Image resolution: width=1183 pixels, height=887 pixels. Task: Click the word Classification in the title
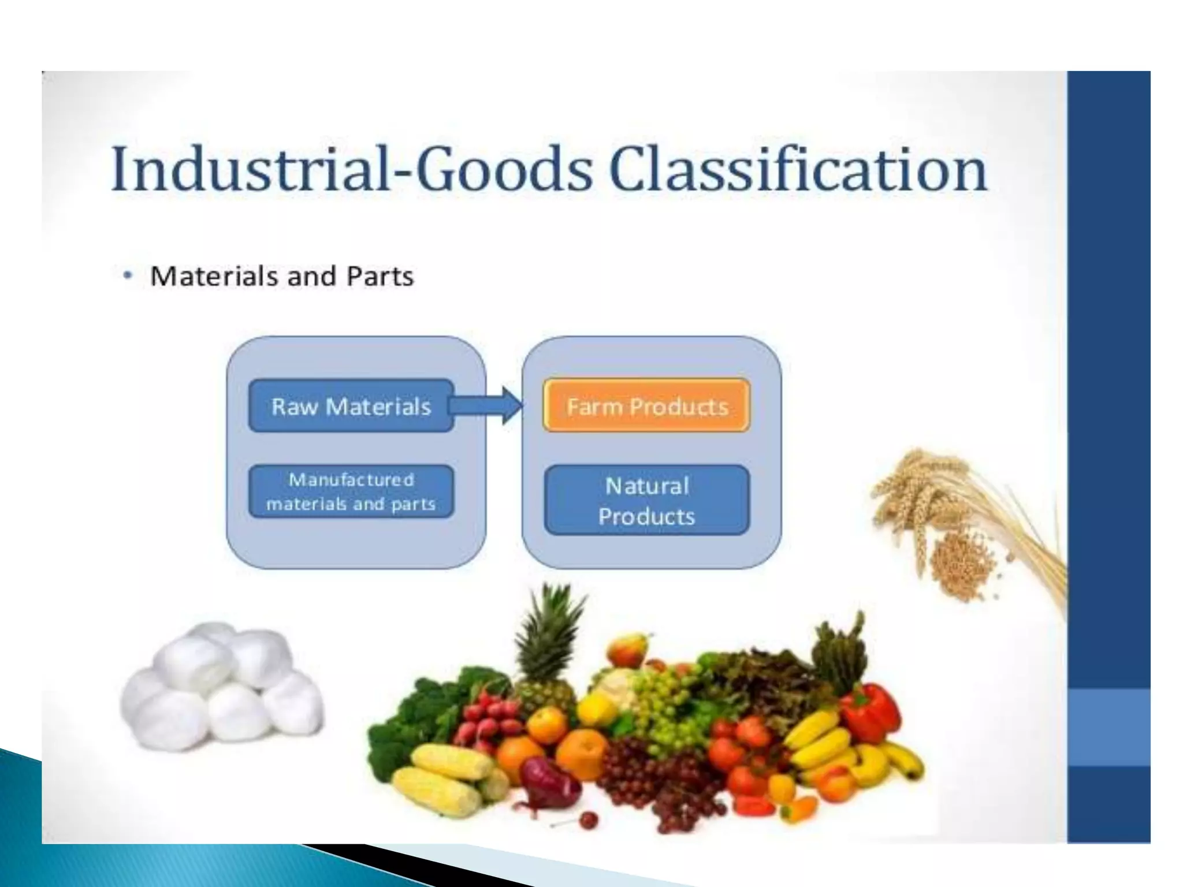click(798, 170)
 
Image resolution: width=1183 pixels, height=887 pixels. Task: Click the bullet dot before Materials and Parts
click(128, 276)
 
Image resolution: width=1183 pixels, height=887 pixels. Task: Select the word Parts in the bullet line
click(380, 276)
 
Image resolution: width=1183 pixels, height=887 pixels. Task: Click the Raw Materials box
click(351, 406)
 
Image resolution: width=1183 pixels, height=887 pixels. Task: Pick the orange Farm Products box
click(646, 406)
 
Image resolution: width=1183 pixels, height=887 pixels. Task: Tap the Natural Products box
click(646, 500)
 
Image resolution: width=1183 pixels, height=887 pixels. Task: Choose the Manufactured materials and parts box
click(351, 491)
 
